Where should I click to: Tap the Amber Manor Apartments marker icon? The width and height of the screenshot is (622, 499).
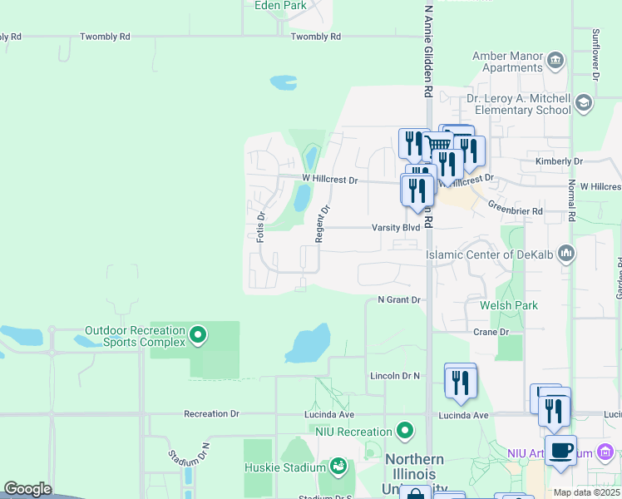click(x=555, y=60)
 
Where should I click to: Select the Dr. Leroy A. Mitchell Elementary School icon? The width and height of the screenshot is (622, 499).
click(x=583, y=102)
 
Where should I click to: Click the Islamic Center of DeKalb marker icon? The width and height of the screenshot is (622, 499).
click(x=566, y=252)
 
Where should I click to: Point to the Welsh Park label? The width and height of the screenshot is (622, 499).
click(x=509, y=305)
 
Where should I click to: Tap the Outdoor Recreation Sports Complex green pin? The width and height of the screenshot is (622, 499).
click(x=198, y=335)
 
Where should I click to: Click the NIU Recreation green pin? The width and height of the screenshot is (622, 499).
click(x=405, y=431)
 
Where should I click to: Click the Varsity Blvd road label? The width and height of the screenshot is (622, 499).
click(x=400, y=227)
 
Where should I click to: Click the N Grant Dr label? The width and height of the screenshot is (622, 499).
click(x=401, y=299)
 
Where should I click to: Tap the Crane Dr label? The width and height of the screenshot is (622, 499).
click(x=491, y=332)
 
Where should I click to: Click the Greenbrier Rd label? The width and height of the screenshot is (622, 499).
click(x=515, y=211)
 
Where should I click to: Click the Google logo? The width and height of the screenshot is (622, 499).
click(x=27, y=489)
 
